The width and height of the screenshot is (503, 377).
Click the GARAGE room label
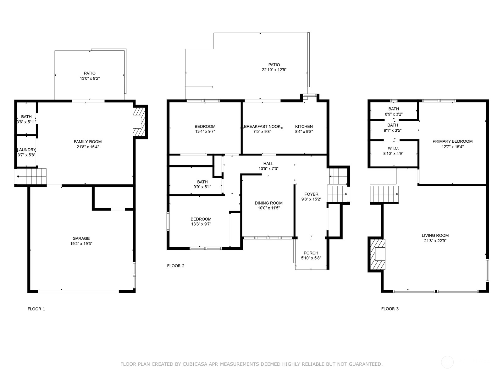click(x=81, y=238)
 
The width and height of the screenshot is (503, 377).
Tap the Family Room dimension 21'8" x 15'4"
click(x=88, y=147)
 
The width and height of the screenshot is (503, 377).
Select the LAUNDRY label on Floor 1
click(x=26, y=150)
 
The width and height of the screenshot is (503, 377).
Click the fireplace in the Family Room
click(x=139, y=122)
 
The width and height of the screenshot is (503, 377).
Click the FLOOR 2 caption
click(x=176, y=266)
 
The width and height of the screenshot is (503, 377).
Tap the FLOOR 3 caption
click(x=390, y=309)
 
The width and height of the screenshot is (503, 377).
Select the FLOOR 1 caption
click(x=36, y=309)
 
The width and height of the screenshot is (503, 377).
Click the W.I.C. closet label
click(x=393, y=148)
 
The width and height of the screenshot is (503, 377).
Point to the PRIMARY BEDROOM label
click(x=452, y=141)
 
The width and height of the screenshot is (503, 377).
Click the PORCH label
click(x=311, y=253)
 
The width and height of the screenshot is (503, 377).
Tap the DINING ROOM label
click(x=268, y=203)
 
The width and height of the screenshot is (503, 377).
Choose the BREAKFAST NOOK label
click(x=262, y=127)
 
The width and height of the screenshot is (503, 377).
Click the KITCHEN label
click(x=304, y=127)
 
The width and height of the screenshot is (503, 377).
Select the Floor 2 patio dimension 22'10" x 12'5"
click(x=274, y=70)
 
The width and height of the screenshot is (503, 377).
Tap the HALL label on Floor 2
click(x=268, y=164)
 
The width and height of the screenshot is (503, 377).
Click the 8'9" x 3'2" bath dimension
click(x=394, y=114)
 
